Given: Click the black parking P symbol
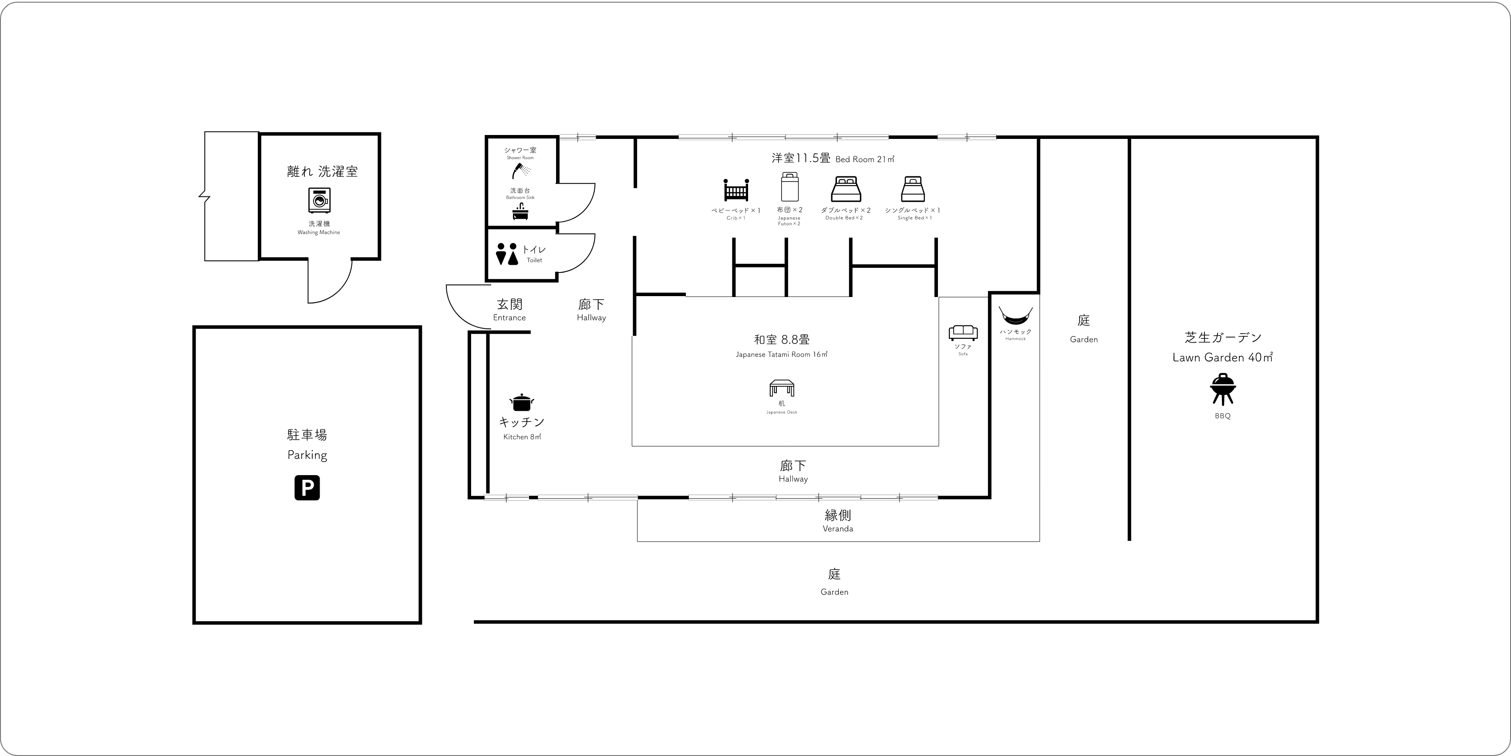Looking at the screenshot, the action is [307, 487].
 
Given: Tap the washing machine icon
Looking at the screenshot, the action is [319, 200].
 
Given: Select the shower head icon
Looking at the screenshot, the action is [521, 171].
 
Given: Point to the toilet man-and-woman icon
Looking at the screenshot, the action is [507, 254].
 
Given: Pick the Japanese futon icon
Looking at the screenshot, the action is [789, 186].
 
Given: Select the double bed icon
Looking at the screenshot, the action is [845, 189].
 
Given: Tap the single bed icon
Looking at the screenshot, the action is [913, 189].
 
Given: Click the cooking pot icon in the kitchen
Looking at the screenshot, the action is [522, 402].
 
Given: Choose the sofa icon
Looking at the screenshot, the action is [963, 333].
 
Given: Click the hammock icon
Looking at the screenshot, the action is [1015, 316].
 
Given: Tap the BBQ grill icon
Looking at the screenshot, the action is [1223, 389].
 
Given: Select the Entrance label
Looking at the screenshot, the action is [509, 318].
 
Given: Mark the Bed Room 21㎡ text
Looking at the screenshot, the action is [865, 159].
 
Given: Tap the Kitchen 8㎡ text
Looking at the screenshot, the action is [522, 437].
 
